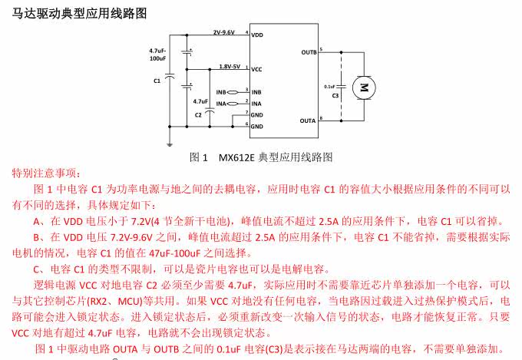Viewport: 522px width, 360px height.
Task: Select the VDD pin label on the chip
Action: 257,35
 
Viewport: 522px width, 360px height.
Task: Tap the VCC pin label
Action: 257,69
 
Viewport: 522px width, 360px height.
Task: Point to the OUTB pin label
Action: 309,53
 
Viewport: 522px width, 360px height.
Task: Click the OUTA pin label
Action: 309,121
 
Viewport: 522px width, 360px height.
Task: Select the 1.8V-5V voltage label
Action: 230,66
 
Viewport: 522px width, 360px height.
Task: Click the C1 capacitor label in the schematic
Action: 157,79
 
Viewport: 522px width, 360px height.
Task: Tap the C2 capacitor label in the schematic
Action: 199,114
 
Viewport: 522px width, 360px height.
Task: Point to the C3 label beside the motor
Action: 335,95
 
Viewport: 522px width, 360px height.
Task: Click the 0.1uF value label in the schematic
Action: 331,86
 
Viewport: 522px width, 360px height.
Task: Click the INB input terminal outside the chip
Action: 221,91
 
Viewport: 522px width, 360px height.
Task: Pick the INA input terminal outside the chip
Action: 221,103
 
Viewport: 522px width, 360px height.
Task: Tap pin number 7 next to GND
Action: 246,111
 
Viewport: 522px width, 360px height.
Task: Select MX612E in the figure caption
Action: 239,157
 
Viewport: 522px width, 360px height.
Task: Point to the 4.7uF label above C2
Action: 200,101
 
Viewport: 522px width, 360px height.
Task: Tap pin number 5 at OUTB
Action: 321,50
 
